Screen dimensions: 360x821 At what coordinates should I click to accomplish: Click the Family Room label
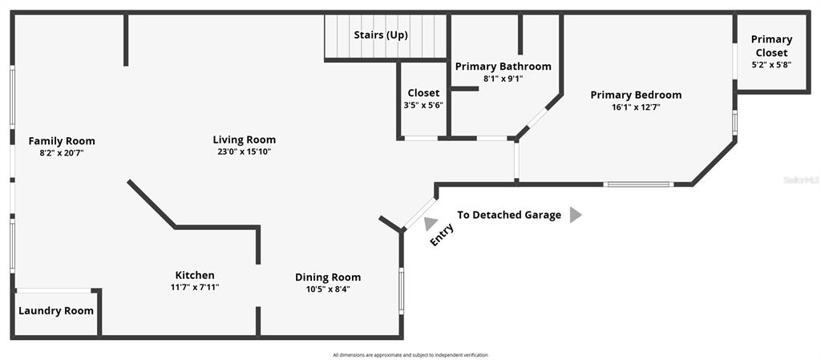coord(62,141)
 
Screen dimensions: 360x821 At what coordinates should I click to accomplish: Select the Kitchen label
coord(195,275)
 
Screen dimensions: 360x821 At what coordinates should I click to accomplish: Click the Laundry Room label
coord(56,311)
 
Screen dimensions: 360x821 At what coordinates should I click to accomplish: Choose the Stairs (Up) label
coord(381,35)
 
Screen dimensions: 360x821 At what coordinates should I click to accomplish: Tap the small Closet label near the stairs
coord(423,93)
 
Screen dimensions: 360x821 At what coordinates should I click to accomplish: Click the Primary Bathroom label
coord(504,67)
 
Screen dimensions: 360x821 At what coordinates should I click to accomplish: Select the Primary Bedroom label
coord(636,95)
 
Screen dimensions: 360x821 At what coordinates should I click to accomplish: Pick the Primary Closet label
coord(771,46)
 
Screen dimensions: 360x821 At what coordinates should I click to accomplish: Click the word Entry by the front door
coord(442,234)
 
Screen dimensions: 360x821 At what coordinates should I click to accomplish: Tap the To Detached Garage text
coord(509,215)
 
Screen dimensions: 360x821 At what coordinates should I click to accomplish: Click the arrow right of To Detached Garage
coord(575,215)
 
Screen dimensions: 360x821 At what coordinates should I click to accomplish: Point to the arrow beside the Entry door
coord(430,224)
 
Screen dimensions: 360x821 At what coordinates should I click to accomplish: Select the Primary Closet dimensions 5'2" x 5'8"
coord(771,65)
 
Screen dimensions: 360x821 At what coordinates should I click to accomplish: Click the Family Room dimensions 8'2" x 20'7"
coord(62,152)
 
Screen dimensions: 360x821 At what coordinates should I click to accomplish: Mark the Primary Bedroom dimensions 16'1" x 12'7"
coord(636,107)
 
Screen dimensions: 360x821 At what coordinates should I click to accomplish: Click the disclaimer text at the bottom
coord(410,354)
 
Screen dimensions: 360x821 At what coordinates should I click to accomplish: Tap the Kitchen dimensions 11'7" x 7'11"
coord(195,287)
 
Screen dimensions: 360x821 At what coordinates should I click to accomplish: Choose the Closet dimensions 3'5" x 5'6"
coord(423,105)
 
